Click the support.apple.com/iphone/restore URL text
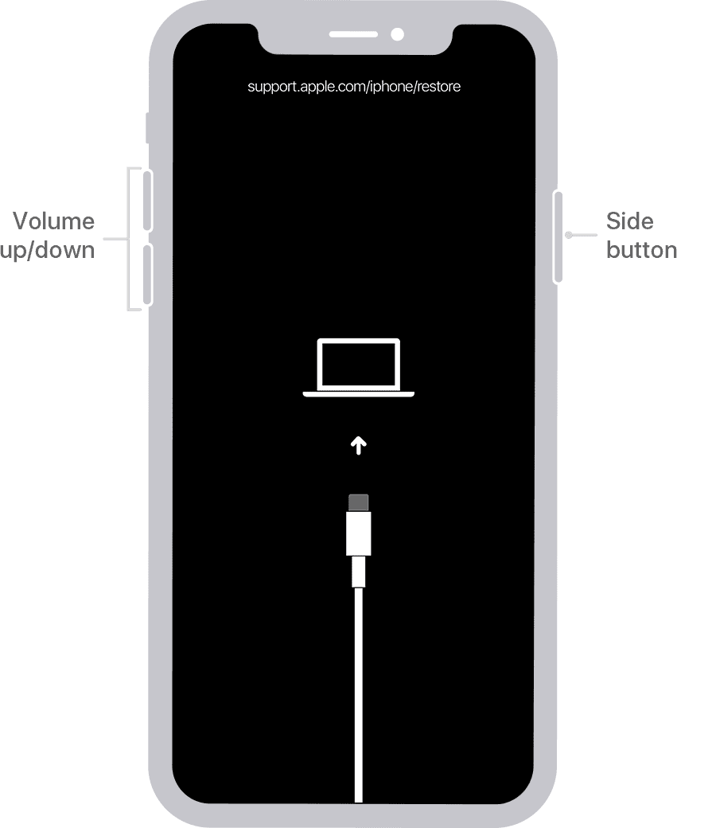354,86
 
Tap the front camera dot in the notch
397,34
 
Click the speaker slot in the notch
353,34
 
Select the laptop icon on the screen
359,367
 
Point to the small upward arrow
359,445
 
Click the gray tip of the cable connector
359,502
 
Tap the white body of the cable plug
359,533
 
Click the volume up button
147,199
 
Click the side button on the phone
558,236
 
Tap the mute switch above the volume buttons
148,128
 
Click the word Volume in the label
54,221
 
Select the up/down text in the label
48,249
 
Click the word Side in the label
629,221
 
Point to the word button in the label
641,249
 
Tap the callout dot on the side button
568,235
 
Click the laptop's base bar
359,393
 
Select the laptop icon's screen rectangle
359,363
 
